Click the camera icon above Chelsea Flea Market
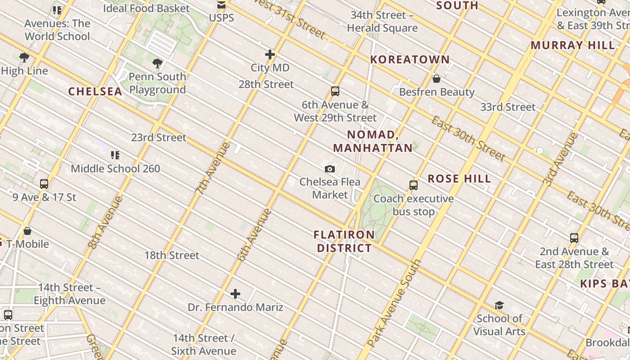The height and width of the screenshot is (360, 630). pyautogui.click(x=330, y=169)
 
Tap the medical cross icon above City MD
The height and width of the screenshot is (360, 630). pyautogui.click(x=270, y=54)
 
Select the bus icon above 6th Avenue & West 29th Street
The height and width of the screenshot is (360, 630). pyautogui.click(x=335, y=91)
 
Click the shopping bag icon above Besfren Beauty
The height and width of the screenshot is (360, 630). pyautogui.click(x=436, y=79)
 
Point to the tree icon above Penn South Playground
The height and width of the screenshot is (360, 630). pyautogui.click(x=157, y=63)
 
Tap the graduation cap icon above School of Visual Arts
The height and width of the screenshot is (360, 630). pyautogui.click(x=499, y=306)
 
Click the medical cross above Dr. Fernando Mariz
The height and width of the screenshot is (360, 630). pyautogui.click(x=235, y=294)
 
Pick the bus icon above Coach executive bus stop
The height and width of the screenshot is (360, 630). pyautogui.click(x=414, y=185)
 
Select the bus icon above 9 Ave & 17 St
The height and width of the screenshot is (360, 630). pyautogui.click(x=44, y=184)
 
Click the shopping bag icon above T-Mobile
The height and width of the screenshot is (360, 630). pyautogui.click(x=27, y=231)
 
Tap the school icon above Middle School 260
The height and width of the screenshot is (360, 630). pyautogui.click(x=115, y=155)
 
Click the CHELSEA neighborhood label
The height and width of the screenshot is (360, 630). pyautogui.click(x=95, y=91)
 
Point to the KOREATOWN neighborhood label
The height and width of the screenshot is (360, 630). pyautogui.click(x=410, y=59)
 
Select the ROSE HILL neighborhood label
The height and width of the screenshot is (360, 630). pyautogui.click(x=459, y=179)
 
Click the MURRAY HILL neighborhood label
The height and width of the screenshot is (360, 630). pyautogui.click(x=572, y=45)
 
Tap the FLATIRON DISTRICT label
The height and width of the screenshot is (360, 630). pyautogui.click(x=344, y=241)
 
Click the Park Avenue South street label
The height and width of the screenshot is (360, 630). pyautogui.click(x=395, y=303)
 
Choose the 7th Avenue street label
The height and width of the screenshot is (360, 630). pyautogui.click(x=213, y=167)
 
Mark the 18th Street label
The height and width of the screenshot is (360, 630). pyautogui.click(x=171, y=255)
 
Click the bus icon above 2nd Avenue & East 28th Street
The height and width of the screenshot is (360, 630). pyautogui.click(x=574, y=238)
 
